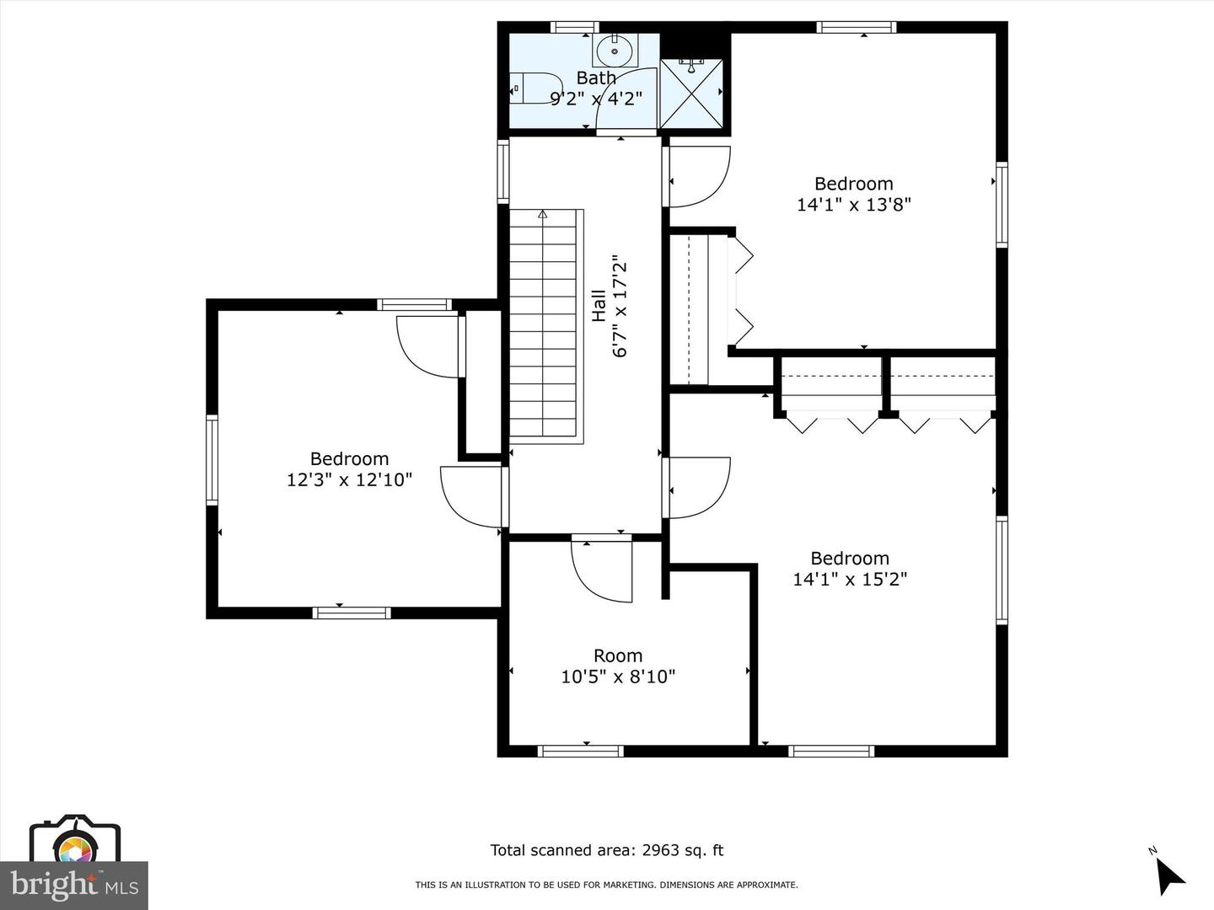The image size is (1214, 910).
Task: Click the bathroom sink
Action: pyautogui.click(x=615, y=51)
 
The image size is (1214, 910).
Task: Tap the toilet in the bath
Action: pyautogui.click(x=535, y=88)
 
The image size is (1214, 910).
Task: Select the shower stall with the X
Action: pyautogui.click(x=691, y=93)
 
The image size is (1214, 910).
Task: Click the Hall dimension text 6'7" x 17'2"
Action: pyautogui.click(x=620, y=309)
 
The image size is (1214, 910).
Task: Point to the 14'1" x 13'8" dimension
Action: pyautogui.click(x=853, y=205)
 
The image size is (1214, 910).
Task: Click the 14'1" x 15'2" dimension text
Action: pyautogui.click(x=850, y=580)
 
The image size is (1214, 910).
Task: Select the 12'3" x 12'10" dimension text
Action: pyautogui.click(x=349, y=479)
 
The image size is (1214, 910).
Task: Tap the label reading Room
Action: pyautogui.click(x=618, y=656)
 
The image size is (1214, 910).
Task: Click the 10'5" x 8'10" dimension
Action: pyautogui.click(x=618, y=677)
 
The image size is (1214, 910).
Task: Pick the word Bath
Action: pyautogui.click(x=596, y=78)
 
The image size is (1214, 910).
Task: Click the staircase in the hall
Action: pyautogui.click(x=546, y=326)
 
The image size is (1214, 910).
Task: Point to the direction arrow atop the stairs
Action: pyautogui.click(x=543, y=214)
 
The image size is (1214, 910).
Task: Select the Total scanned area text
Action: pyautogui.click(x=607, y=850)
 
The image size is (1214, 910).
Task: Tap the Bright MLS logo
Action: pyautogui.click(x=74, y=886)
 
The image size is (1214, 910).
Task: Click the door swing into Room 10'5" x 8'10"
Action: pyautogui.click(x=601, y=570)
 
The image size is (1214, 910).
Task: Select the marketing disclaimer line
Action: pyautogui.click(x=607, y=885)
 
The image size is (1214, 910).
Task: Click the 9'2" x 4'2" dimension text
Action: pyautogui.click(x=596, y=99)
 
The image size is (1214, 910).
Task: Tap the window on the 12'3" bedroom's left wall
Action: pyautogui.click(x=212, y=460)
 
